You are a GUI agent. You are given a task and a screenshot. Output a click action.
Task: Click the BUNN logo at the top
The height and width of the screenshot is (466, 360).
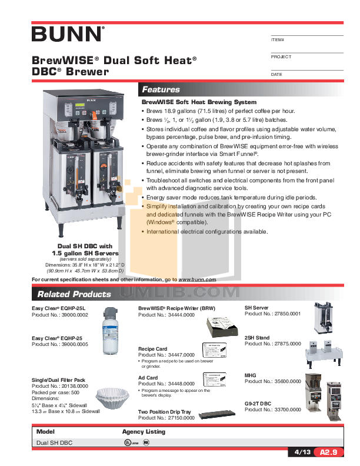coord(68,34)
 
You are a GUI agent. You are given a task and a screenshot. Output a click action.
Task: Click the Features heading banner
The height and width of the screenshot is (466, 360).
coord(161,89)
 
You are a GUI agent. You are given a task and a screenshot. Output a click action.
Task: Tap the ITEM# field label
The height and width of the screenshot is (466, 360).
coord(277,39)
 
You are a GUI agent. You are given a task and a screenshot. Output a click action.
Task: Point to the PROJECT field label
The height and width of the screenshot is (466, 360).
coord(281,57)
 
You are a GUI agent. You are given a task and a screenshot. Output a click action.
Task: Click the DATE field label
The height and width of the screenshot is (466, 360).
coord(276,75)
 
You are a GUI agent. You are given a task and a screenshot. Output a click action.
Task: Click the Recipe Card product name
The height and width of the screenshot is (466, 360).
coord(152,349)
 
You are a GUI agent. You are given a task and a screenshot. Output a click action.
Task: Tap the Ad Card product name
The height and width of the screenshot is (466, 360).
coord(148,377)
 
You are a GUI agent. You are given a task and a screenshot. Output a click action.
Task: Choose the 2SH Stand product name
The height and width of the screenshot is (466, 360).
coord(257,338)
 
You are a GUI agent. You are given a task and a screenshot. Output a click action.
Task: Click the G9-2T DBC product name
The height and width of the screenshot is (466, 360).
coord(258,403)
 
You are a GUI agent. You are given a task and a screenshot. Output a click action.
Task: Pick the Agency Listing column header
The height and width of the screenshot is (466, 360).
coord(144,431)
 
